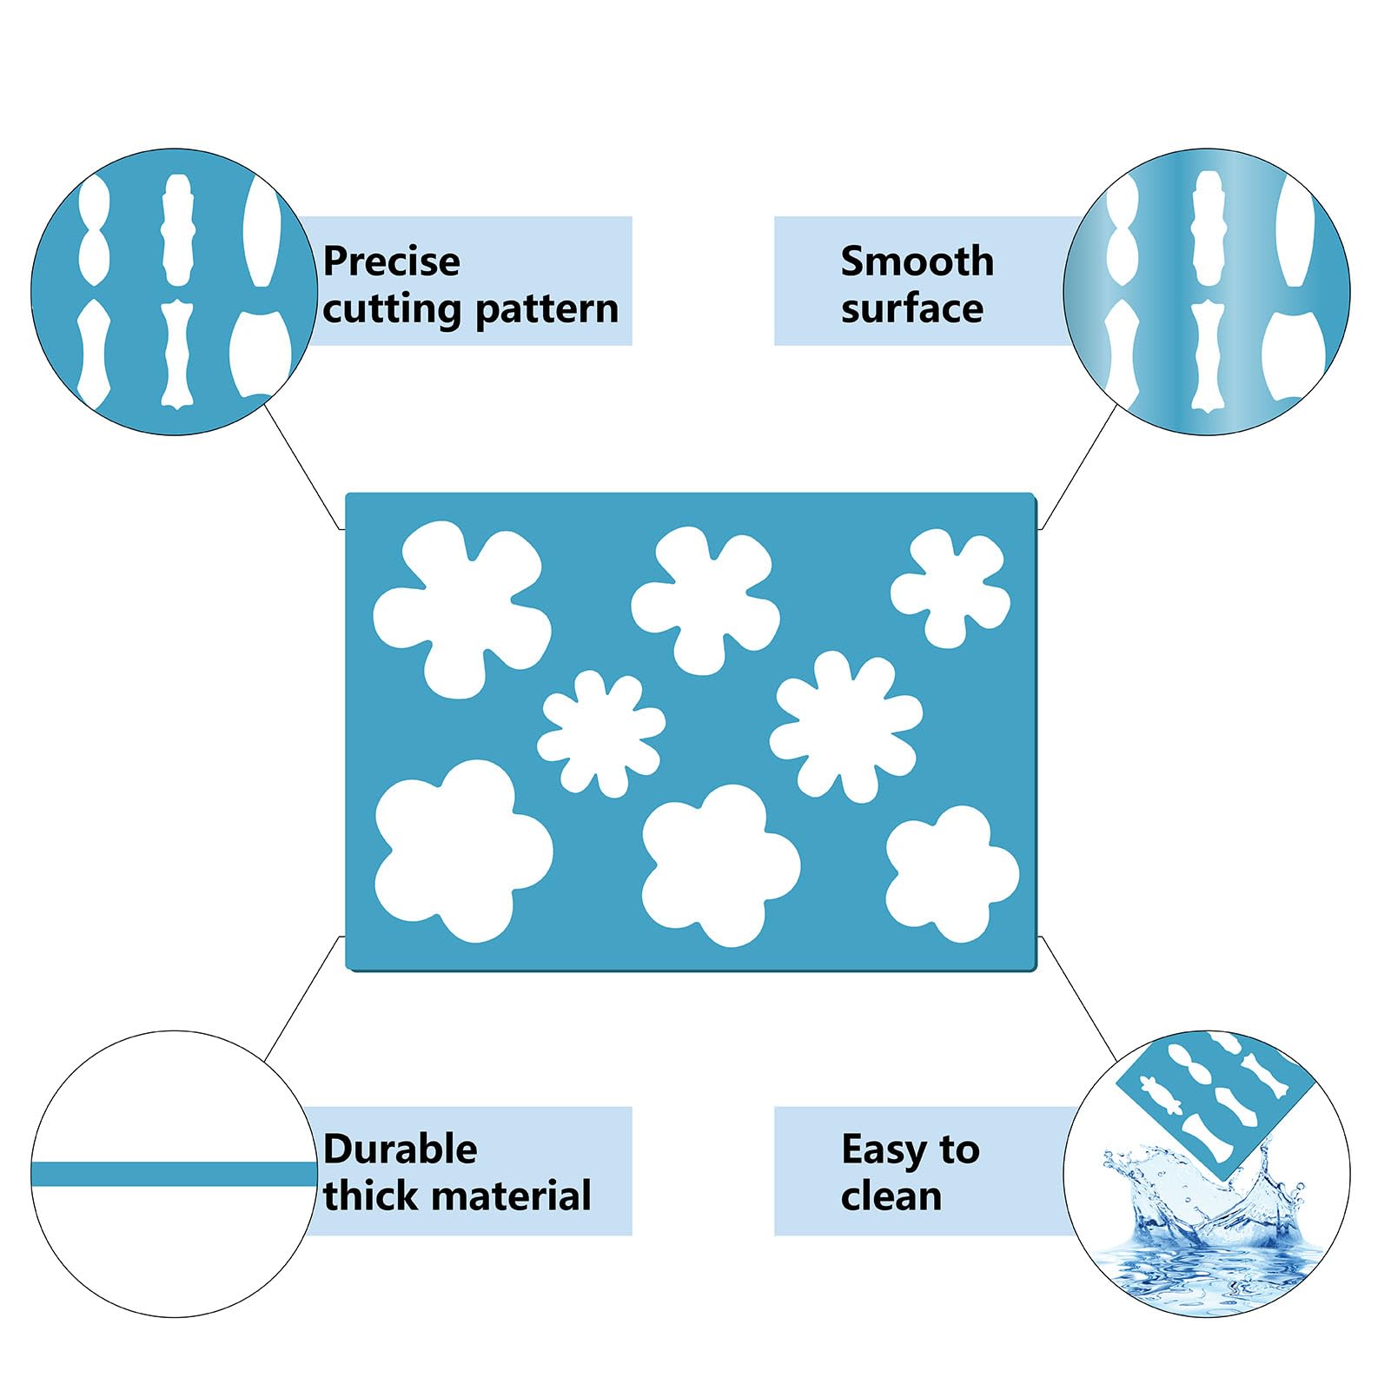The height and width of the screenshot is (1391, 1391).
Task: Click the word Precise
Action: pyautogui.click(x=391, y=262)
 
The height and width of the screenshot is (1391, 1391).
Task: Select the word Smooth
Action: pyautogui.click(x=917, y=262)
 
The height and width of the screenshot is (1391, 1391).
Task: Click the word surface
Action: pyautogui.click(x=912, y=309)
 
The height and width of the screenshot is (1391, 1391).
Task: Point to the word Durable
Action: pyautogui.click(x=401, y=1149)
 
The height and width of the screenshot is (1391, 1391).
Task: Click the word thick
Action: pyautogui.click(x=373, y=1196)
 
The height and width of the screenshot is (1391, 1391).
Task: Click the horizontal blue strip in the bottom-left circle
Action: pyautogui.click(x=174, y=1175)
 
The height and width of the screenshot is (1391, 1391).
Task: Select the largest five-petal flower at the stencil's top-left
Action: pyautogui.click(x=461, y=609)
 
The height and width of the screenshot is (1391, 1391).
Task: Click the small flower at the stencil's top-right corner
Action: pyautogui.click(x=950, y=588)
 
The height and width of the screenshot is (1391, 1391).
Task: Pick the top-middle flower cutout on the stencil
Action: pyautogui.click(x=705, y=600)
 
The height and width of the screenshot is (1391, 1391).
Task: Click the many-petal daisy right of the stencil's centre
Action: pyautogui.click(x=845, y=726)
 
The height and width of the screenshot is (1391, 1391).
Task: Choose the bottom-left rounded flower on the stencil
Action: pyautogui.click(x=463, y=851)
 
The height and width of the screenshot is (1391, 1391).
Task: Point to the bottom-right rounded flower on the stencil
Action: pyautogui.click(x=952, y=873)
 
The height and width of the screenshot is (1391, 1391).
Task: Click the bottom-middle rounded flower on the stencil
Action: pyautogui.click(x=720, y=865)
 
